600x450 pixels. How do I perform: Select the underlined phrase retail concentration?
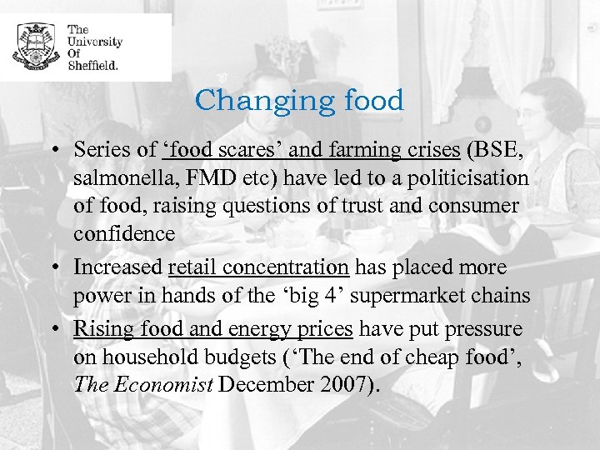click(259, 267)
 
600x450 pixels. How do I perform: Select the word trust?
click(358, 207)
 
